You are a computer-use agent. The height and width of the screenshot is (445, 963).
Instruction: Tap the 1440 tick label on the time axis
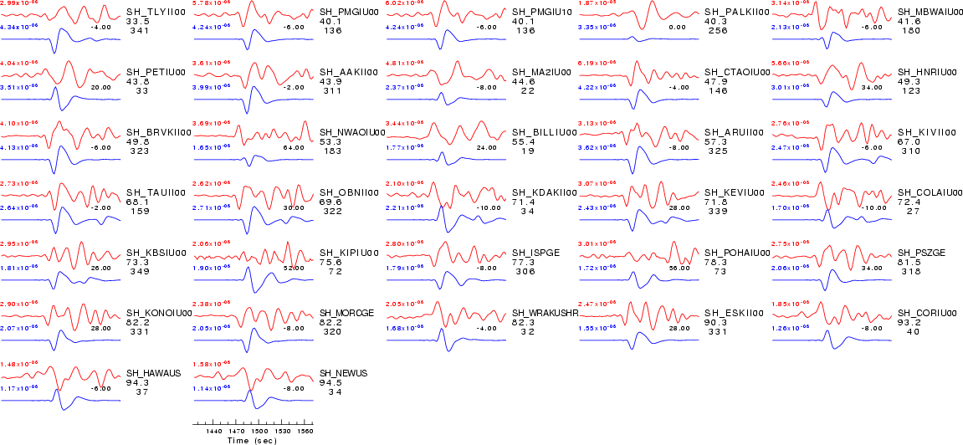[213, 431]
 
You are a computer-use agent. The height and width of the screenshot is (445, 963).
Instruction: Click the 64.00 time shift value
[293, 147]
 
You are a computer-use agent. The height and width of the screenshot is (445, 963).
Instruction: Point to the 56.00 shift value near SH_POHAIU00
[679, 268]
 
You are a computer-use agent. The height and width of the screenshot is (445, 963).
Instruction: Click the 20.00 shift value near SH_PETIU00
[100, 87]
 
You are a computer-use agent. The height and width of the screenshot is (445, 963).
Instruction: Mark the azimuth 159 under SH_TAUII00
[137, 212]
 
